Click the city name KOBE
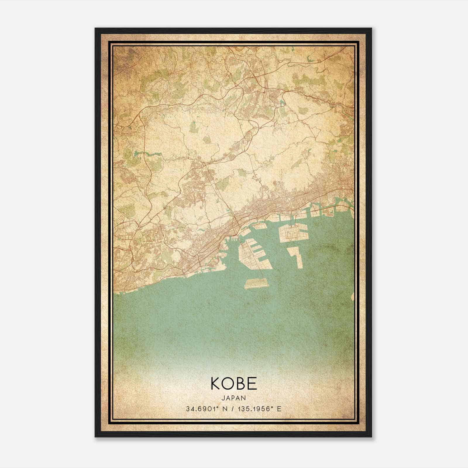click(x=233, y=383)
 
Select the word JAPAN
click(x=233, y=398)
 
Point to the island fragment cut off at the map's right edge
click(x=353, y=297)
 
